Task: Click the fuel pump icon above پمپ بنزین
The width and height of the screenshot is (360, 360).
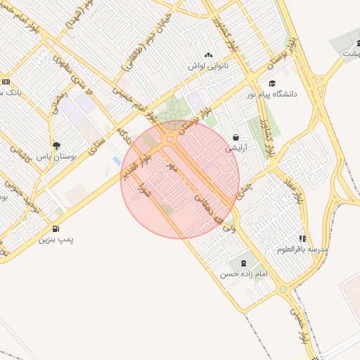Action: click(x=56, y=229)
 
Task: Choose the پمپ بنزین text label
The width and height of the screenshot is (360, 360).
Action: click(x=56, y=240)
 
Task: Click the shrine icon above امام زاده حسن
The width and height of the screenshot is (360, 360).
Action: click(x=243, y=263)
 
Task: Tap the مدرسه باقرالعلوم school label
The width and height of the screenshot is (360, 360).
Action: click(x=302, y=250)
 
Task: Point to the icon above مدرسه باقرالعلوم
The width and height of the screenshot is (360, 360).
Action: click(x=303, y=238)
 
